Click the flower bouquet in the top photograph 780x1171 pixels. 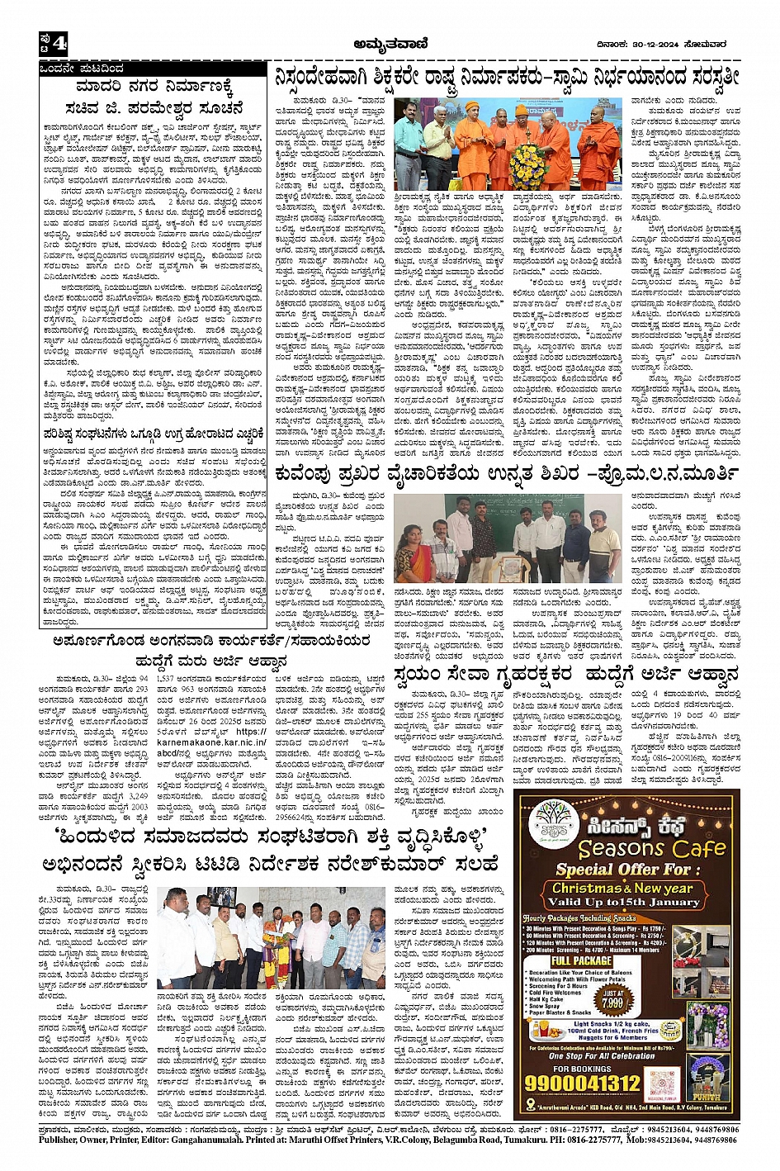pyautogui.click(x=527, y=164)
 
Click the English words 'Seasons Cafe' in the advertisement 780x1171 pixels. pyautogui.click(x=651, y=847)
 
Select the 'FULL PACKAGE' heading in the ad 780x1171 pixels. pyautogui.click(x=581, y=961)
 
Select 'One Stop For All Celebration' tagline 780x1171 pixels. pyautogui.click(x=602, y=1056)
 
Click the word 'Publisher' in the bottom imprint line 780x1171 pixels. pyautogui.click(x=63, y=1140)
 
